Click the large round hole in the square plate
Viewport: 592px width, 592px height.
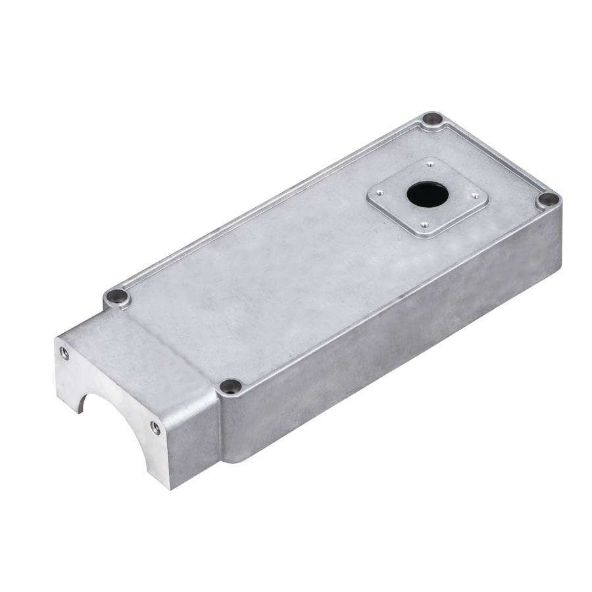[x=427, y=194]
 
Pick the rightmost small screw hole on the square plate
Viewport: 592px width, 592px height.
[x=475, y=195]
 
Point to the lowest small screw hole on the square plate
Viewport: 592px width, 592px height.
[x=424, y=225]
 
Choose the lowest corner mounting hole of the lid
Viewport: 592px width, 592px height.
[x=230, y=386]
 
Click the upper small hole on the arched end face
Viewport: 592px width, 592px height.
[x=64, y=353]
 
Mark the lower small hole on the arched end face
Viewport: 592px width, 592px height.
[x=155, y=428]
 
